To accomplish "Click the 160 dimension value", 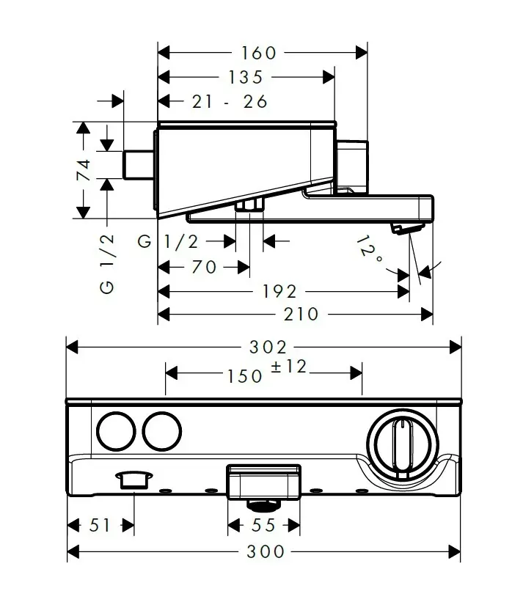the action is [258, 53].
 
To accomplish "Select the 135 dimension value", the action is [246, 77].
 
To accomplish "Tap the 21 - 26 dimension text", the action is [230, 102].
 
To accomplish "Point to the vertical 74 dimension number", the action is [84, 170].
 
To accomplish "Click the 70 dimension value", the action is [204, 267].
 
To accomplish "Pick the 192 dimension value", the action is [279, 292].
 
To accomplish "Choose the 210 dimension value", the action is [301, 315].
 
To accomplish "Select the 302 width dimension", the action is [268, 348].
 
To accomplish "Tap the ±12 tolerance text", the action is [289, 367].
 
